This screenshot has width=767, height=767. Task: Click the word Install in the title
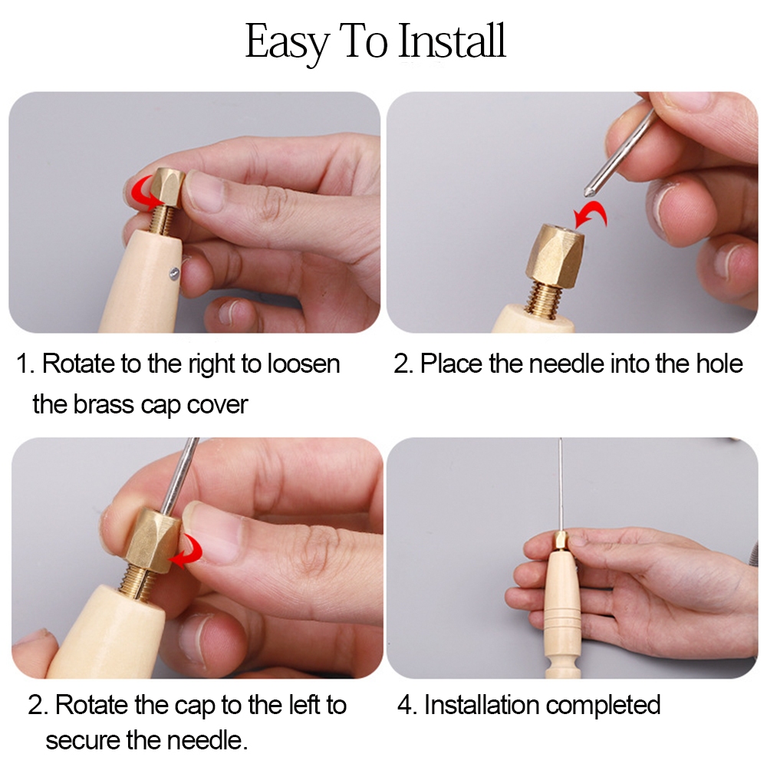pos(453,41)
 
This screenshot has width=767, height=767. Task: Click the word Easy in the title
pos(287,44)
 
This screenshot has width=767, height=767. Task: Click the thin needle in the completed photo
pos(561,484)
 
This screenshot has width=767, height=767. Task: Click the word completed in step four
pos(603,706)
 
